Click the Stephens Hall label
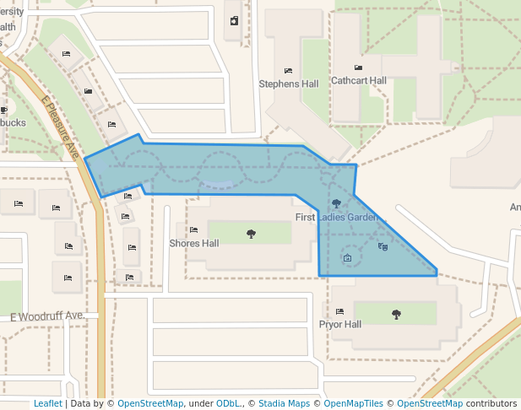(288, 84)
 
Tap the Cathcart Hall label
(358, 81)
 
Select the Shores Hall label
(194, 244)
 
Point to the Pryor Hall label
(339, 325)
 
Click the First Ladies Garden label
(337, 218)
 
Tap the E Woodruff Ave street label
(46, 316)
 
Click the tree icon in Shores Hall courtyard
(251, 234)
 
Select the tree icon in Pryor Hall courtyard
(396, 314)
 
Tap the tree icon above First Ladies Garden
(337, 203)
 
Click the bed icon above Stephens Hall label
(288, 71)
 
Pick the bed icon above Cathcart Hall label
(358, 67)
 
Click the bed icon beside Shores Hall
(193, 229)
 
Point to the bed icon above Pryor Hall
(339, 312)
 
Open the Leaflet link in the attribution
(47, 404)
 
